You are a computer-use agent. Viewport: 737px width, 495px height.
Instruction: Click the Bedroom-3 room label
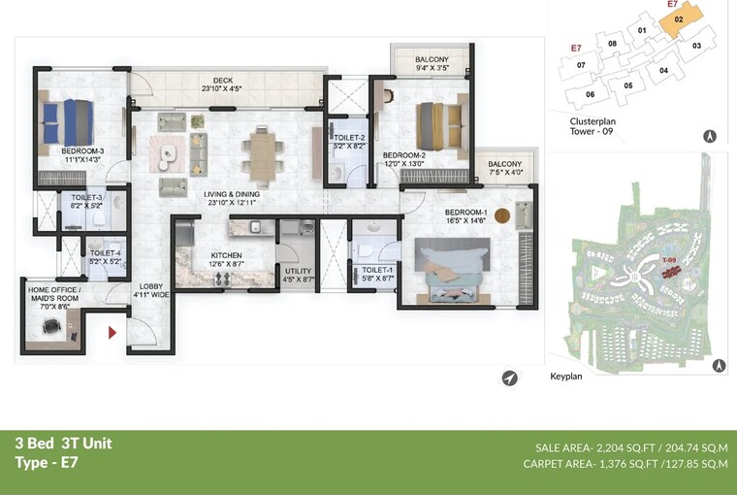82,151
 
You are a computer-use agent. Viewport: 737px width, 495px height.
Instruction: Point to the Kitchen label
226,256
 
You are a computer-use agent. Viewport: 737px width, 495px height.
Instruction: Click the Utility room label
297,273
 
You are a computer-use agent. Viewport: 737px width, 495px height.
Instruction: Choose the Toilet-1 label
377,271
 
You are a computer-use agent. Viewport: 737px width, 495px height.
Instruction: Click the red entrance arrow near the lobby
112,333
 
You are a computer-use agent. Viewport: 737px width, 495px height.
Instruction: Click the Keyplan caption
566,376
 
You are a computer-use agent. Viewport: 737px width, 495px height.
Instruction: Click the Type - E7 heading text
46,463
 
